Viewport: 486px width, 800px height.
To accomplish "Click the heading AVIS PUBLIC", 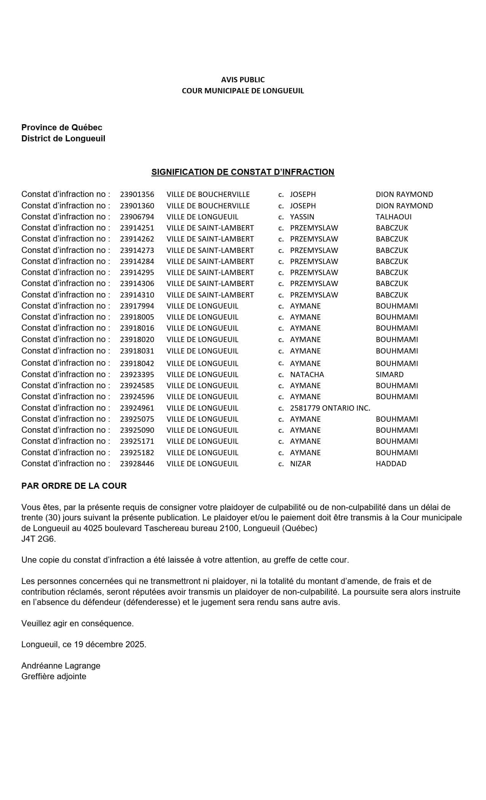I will [x=243, y=80].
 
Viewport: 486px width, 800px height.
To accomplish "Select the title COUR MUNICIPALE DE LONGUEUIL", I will [x=243, y=91].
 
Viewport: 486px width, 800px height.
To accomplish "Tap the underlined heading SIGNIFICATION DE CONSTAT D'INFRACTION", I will [x=243, y=172].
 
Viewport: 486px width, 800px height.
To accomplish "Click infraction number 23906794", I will [x=137, y=217].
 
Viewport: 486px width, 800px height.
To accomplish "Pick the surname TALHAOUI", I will [x=394, y=217].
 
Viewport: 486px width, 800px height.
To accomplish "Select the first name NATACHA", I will [x=307, y=375].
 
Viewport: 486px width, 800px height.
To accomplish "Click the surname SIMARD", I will [x=390, y=375].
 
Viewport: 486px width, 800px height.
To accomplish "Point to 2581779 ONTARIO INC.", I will [x=330, y=408].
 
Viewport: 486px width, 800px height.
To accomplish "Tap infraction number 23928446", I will [x=137, y=464].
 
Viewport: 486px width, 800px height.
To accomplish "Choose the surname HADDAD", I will [x=391, y=464].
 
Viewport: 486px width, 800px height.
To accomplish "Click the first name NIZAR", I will [x=300, y=464].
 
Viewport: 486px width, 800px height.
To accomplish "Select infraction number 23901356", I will [x=137, y=195].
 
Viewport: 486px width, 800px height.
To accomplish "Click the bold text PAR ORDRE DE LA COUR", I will [x=74, y=486].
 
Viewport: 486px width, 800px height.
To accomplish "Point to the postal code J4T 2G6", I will [x=38, y=539].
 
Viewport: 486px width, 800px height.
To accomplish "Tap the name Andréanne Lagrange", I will [x=61, y=666].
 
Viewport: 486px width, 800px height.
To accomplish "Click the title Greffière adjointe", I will [x=54, y=677].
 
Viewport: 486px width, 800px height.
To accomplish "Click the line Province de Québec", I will [x=62, y=128].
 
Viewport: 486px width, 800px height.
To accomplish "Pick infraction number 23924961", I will [x=137, y=408].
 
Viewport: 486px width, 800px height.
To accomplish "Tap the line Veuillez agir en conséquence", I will [x=77, y=624].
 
